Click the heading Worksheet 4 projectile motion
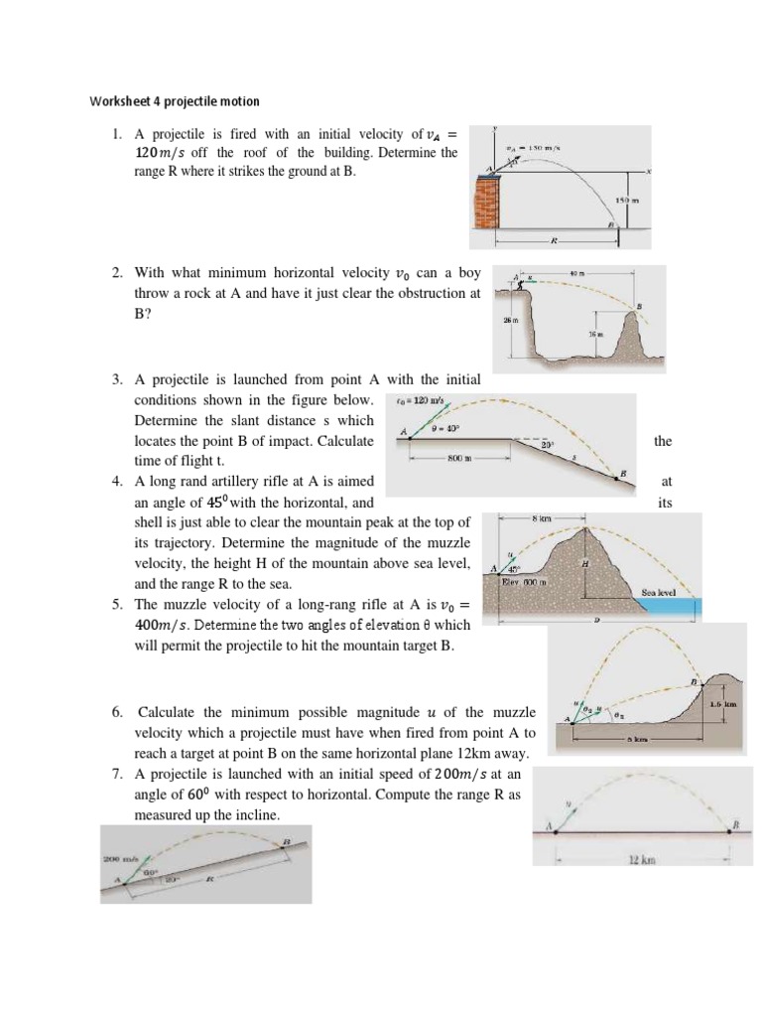(175, 100)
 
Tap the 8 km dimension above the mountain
(541, 519)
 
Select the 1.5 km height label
(723, 703)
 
